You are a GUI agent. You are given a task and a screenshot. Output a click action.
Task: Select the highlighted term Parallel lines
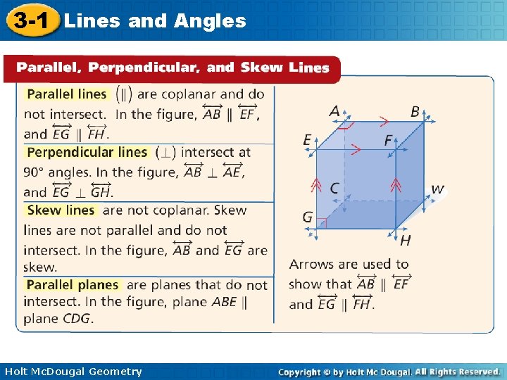pyautogui.click(x=67, y=94)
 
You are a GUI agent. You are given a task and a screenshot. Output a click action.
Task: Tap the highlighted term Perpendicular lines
pyautogui.click(x=87, y=152)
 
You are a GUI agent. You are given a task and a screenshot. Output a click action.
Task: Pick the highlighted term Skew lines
pyautogui.click(x=61, y=210)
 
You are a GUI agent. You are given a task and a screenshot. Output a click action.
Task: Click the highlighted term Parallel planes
pyautogui.click(x=73, y=285)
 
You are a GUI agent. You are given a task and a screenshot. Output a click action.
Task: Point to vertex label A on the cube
pyautogui.click(x=334, y=111)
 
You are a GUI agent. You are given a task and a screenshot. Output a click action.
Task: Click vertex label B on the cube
pyautogui.click(x=415, y=112)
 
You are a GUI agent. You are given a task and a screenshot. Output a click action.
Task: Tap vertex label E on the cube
pyautogui.click(x=307, y=140)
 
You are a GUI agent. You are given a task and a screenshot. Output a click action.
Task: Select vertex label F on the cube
pyautogui.click(x=388, y=140)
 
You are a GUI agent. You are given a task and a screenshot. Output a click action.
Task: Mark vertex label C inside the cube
pyautogui.click(x=334, y=189)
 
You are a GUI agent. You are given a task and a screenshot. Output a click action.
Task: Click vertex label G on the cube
pyautogui.click(x=307, y=217)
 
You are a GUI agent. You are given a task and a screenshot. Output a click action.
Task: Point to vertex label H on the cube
pyautogui.click(x=405, y=241)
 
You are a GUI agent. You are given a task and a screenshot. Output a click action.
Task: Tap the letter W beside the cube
pyautogui.click(x=437, y=189)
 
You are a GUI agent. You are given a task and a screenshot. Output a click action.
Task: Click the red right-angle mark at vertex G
pyautogui.click(x=323, y=223)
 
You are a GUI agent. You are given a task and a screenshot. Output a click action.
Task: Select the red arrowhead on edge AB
pyautogui.click(x=384, y=121)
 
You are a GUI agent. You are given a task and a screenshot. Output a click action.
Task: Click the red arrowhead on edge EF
pyautogui.click(x=356, y=149)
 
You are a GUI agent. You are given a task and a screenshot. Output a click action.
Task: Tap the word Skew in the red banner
pyautogui.click(x=261, y=68)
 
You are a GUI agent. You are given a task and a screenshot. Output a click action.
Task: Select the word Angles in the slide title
pyautogui.click(x=209, y=20)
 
